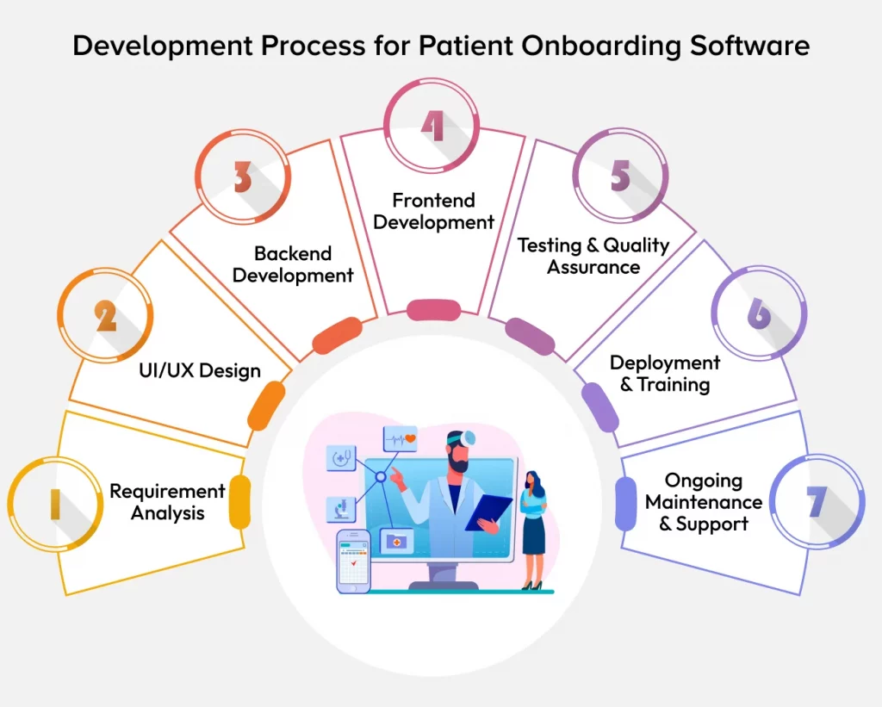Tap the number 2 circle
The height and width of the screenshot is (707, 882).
[x=106, y=317]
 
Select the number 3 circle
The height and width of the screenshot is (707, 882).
[x=243, y=177]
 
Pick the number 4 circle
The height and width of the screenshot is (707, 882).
[x=432, y=127]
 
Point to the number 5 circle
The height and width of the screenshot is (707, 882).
[x=621, y=176]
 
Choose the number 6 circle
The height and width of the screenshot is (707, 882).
[x=759, y=315]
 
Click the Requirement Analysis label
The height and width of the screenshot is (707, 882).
[x=168, y=502]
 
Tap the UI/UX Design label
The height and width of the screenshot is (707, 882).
[x=200, y=371]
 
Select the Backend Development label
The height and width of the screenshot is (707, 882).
[x=293, y=264]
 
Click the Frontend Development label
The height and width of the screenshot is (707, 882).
[x=434, y=211]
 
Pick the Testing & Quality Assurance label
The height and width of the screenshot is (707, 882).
[x=593, y=256]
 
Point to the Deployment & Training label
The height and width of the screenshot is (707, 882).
[x=664, y=373]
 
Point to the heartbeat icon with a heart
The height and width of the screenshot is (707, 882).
[x=401, y=437]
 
